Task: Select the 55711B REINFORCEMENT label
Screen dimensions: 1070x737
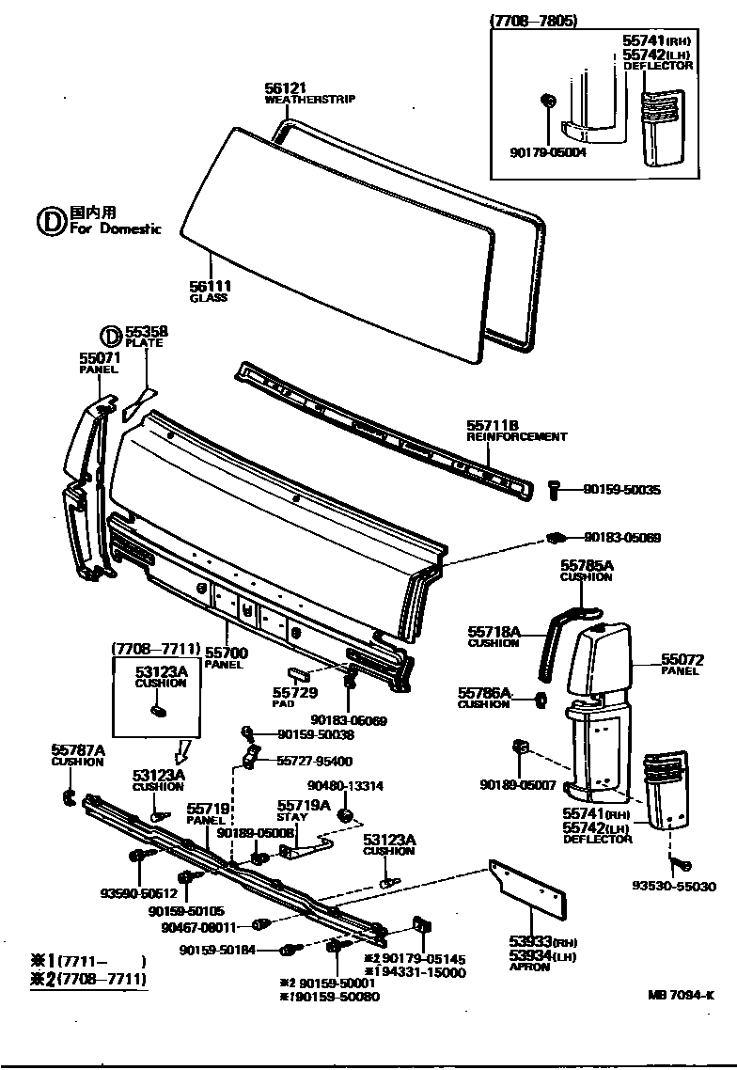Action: pos(516,431)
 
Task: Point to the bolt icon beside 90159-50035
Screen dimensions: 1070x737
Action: pos(553,489)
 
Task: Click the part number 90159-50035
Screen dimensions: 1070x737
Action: pos(621,490)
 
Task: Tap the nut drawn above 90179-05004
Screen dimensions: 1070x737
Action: pos(547,101)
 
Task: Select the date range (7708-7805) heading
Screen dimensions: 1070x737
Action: pos(534,21)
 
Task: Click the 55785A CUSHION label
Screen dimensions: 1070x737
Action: pos(586,570)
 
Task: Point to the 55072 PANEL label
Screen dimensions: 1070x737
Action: pos(682,664)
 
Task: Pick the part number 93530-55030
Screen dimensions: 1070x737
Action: pos(674,886)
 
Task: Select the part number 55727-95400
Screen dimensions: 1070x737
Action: pos(315,761)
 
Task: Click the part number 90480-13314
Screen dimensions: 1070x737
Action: pos(345,786)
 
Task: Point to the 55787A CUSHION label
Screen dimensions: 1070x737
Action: pos(77,754)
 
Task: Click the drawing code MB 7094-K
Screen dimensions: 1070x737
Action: pos(681,995)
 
